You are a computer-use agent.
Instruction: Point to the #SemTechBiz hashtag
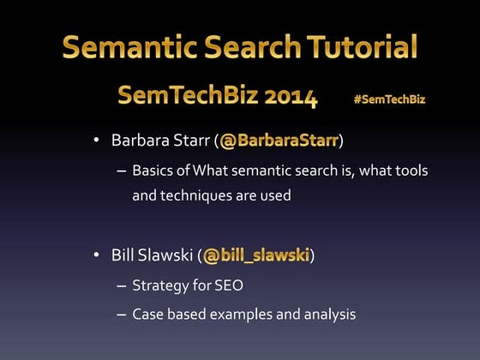pyautogui.click(x=389, y=99)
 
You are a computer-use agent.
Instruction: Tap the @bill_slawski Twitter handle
pyautogui.click(x=256, y=255)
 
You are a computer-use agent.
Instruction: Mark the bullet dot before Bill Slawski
pyautogui.click(x=98, y=255)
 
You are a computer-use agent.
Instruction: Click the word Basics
pyautogui.click(x=152, y=170)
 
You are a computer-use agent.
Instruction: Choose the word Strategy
pyautogui.click(x=159, y=285)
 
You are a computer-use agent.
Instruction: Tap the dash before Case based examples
pyautogui.click(x=122, y=314)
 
